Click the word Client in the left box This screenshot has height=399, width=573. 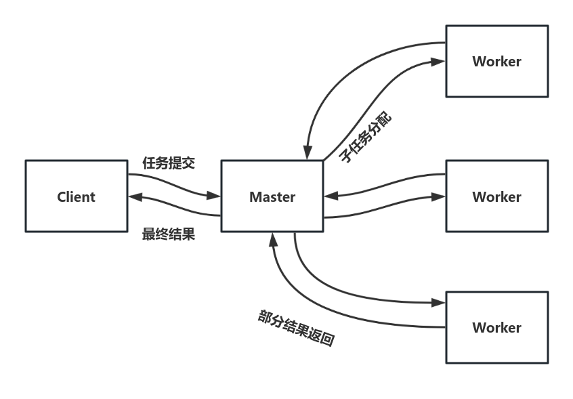tap(76, 197)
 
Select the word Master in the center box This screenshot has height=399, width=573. tap(272, 197)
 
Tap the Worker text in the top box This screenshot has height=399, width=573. tap(496, 62)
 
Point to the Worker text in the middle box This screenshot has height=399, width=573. tap(496, 197)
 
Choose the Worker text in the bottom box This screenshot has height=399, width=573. tap(496, 328)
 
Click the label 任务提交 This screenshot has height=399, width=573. tap(169, 163)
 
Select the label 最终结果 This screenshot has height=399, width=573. tap(169, 234)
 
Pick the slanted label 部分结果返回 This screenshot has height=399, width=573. tap(296, 329)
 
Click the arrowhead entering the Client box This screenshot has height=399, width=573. tap(134, 197)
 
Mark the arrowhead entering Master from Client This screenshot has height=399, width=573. tap(215, 196)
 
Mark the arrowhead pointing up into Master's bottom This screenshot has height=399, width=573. tap(273, 238)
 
